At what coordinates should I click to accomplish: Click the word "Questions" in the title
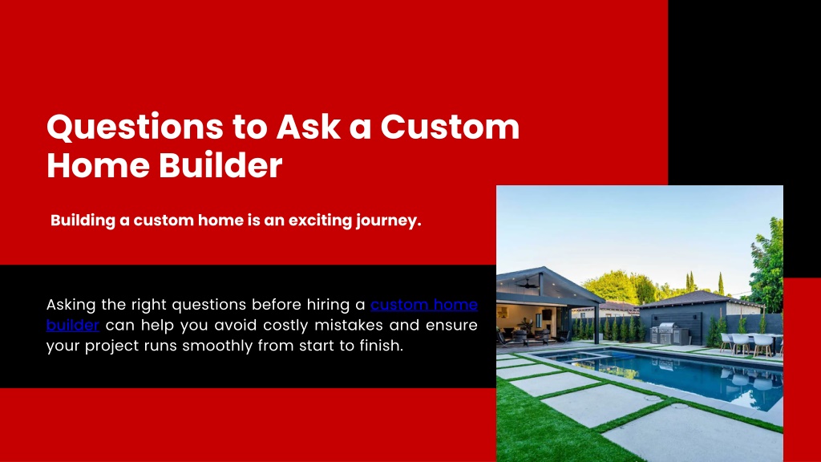tap(135, 128)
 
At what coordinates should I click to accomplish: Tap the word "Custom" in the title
tap(450, 127)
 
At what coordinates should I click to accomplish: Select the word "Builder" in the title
tap(220, 165)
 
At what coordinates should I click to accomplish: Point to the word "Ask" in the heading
tap(309, 127)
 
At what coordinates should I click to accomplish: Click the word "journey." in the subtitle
tap(389, 221)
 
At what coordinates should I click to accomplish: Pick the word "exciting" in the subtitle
tap(320, 221)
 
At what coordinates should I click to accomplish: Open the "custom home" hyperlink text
tap(424, 304)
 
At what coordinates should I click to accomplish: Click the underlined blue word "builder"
tap(73, 325)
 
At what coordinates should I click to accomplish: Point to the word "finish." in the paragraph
tap(381, 346)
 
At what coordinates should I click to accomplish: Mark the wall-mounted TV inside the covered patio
tap(547, 314)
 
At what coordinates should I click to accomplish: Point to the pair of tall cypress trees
tap(690, 282)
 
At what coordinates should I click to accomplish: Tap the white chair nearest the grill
tap(726, 342)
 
